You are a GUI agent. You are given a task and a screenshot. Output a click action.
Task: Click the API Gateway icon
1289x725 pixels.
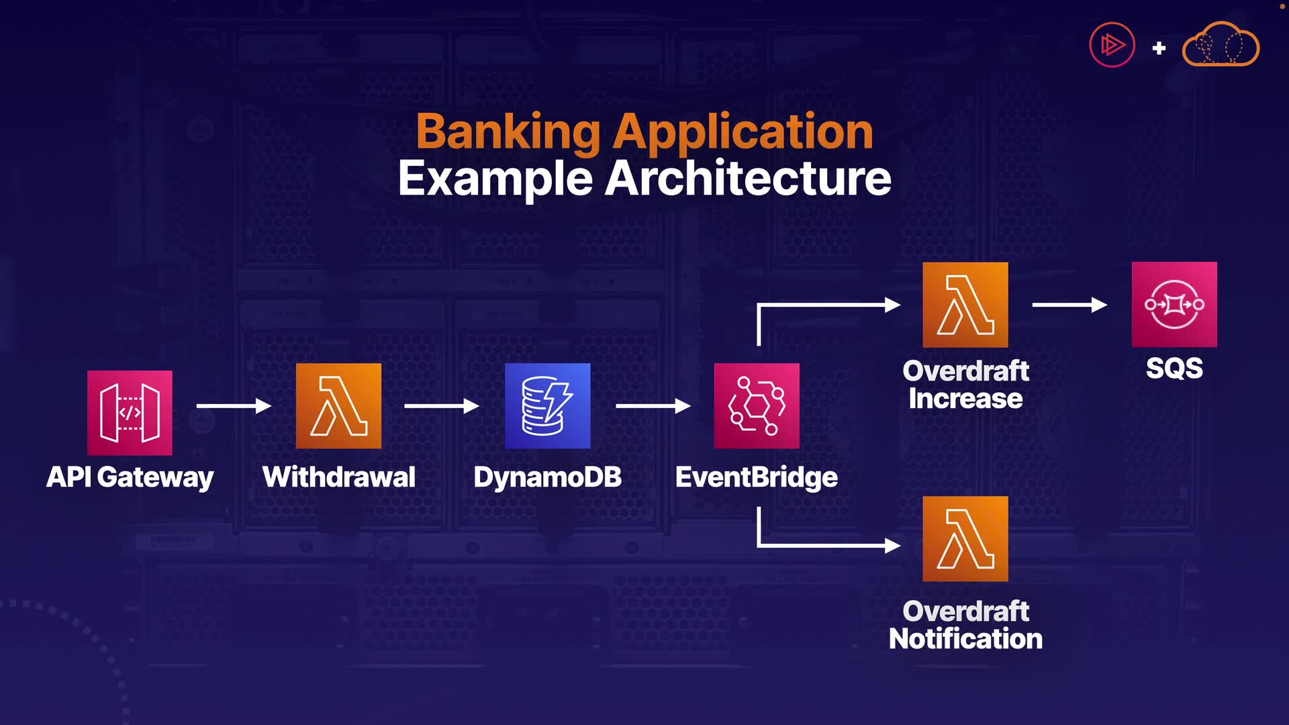click(x=130, y=413)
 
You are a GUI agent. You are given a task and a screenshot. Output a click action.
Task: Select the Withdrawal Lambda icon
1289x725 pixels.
click(x=338, y=406)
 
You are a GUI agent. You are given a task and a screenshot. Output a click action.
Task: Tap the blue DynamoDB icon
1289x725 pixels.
click(x=548, y=406)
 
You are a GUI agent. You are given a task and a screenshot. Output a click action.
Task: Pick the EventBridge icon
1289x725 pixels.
click(x=757, y=406)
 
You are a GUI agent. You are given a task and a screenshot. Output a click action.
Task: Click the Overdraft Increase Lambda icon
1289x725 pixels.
click(x=965, y=305)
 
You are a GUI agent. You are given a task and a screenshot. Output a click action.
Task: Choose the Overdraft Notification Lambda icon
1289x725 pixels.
click(x=965, y=539)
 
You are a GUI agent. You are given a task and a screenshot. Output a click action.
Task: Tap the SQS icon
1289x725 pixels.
click(x=1174, y=304)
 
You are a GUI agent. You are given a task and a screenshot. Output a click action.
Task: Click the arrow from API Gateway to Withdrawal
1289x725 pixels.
click(x=234, y=405)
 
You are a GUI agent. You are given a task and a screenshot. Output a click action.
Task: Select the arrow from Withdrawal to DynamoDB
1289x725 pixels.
click(x=442, y=405)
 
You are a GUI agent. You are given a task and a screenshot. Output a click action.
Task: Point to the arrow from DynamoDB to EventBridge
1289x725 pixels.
click(x=653, y=405)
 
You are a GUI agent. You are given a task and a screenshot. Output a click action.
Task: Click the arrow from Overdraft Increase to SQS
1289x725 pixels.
click(x=1069, y=305)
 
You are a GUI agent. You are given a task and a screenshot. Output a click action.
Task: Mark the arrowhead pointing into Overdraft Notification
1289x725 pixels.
click(x=893, y=545)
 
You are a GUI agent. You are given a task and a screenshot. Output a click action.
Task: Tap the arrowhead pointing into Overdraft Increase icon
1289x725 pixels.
click(x=893, y=305)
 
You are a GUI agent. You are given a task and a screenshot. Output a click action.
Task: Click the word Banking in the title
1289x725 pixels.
click(x=508, y=132)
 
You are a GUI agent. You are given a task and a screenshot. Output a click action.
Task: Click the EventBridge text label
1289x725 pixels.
click(x=757, y=477)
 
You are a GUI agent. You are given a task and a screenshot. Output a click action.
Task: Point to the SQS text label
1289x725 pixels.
click(x=1174, y=368)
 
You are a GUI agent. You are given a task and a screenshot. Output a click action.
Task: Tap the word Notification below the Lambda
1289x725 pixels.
click(x=965, y=638)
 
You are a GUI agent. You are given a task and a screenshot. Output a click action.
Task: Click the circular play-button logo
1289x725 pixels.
click(x=1112, y=45)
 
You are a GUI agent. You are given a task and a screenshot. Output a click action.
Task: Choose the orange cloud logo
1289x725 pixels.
click(x=1221, y=44)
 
